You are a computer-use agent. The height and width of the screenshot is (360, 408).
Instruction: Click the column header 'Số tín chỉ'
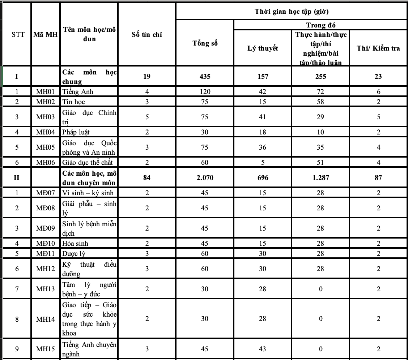pos(147,35)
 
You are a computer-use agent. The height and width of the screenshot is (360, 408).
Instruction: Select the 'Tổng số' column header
pos(205,43)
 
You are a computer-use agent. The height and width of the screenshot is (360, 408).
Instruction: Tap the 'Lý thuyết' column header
pos(263,48)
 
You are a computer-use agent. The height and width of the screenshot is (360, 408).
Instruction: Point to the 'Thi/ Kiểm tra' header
pos(378,48)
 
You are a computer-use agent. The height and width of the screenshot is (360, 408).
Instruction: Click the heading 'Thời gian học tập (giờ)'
pos(292,12)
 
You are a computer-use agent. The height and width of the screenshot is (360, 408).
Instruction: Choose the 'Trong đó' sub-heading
pos(321,25)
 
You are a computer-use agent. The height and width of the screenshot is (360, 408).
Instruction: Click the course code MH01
pos(46,92)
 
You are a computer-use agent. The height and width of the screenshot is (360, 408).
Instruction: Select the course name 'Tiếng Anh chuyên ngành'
pos(89,349)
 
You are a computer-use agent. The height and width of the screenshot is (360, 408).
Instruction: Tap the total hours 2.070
pos(205,178)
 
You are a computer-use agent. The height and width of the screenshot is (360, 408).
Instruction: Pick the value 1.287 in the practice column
pos(320,178)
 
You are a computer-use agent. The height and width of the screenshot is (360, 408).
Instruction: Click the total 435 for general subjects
pos(205,76)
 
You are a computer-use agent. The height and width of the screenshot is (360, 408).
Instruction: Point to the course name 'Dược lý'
pos(74,254)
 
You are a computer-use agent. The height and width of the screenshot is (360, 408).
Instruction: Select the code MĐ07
pos(46,193)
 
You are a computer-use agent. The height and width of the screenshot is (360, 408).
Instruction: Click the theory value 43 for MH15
pos(263,349)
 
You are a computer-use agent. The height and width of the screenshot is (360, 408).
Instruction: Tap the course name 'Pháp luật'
pos(76,132)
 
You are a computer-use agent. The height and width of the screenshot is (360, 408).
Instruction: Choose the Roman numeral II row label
pos(17,178)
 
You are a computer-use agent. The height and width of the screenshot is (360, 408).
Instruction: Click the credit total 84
pos(147,178)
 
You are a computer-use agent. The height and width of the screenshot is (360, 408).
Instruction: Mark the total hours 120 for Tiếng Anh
pos(205,92)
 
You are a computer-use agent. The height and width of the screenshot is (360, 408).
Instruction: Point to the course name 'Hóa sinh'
pos(75,244)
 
